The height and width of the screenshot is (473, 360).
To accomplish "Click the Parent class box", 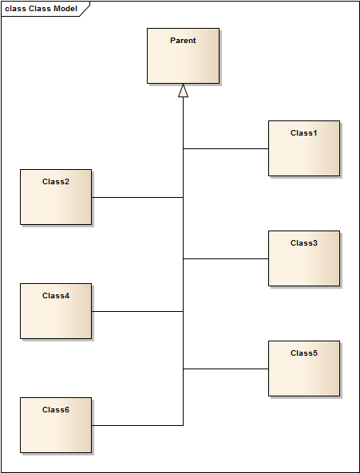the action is (x=183, y=56).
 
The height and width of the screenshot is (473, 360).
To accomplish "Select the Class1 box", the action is (x=304, y=148).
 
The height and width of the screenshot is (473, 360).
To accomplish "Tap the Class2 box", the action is (x=56, y=197).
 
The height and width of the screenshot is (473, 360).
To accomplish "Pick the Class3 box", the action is (x=304, y=258).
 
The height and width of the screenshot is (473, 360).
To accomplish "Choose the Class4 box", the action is (x=56, y=311).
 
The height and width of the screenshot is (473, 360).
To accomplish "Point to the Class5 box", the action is (x=304, y=369).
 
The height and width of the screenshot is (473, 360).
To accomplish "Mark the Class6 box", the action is (x=56, y=425).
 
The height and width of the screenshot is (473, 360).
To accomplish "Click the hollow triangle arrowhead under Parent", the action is (x=183, y=90).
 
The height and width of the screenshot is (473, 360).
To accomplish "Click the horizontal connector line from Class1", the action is (x=226, y=148).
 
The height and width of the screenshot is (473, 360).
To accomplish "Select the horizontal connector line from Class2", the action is (x=137, y=198).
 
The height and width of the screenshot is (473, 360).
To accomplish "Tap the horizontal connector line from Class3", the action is (x=226, y=258).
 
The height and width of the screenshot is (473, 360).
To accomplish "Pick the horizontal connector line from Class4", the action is (x=137, y=311).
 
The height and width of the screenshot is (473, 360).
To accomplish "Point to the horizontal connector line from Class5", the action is (x=226, y=369).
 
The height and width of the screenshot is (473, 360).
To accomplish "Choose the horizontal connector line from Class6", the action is (x=137, y=425).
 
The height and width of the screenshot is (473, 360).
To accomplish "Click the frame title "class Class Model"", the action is (x=41, y=9).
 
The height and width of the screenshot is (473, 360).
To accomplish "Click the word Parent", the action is (x=183, y=41).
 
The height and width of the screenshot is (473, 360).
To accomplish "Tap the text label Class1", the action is (x=304, y=133).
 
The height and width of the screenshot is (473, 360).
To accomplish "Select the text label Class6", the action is (x=56, y=410).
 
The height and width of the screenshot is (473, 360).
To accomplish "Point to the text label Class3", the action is (x=304, y=243).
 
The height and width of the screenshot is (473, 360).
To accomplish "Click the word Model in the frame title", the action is (x=65, y=9).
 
